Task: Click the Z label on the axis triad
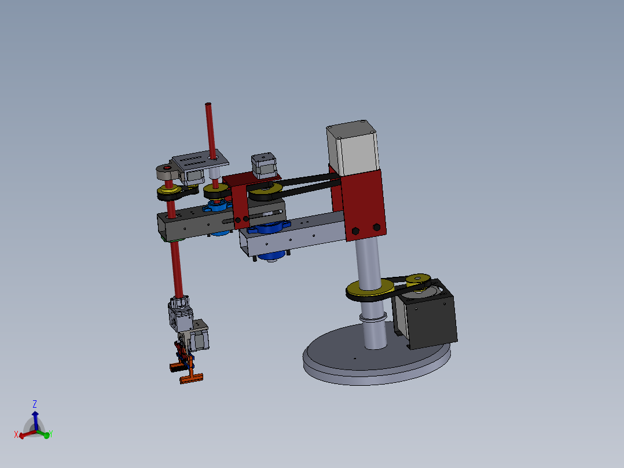(x=35, y=404)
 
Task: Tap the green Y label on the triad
(x=51, y=434)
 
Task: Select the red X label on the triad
(x=16, y=434)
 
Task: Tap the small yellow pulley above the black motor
(x=417, y=279)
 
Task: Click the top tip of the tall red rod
(x=208, y=105)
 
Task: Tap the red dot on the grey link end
(x=168, y=169)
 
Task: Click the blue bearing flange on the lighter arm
(x=267, y=227)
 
